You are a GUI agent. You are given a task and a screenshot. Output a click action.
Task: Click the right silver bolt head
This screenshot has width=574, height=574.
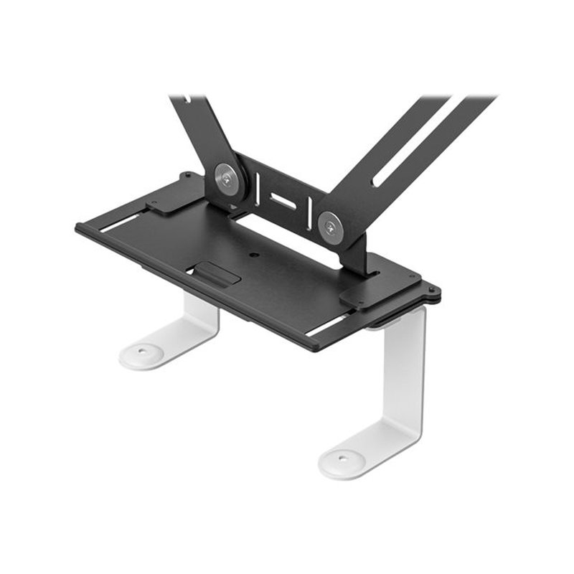point(331,227)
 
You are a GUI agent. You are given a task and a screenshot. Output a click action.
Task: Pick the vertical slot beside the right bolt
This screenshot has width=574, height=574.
point(309,213)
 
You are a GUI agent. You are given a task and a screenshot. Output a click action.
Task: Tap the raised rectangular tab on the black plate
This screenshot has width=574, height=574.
point(217,273)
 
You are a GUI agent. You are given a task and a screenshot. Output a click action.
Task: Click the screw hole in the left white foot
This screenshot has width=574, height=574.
point(141,352)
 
